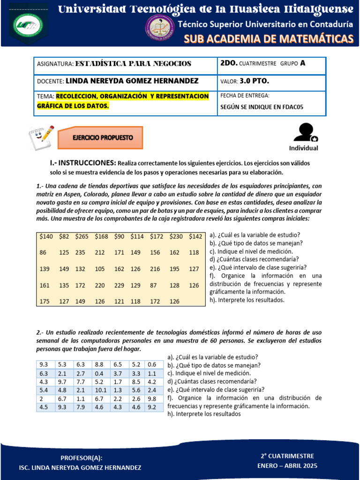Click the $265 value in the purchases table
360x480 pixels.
point(82,236)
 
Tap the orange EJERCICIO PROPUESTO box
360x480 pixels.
point(100,138)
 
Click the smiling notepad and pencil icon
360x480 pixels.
point(41,136)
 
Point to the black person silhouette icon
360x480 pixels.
point(306,132)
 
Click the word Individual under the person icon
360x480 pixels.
point(303,148)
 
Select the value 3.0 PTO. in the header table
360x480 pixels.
point(254,81)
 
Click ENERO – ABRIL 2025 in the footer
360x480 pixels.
point(287,465)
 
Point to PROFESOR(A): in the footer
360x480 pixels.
point(82,458)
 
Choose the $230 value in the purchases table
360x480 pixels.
point(177,236)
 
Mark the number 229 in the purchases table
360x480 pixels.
point(119,285)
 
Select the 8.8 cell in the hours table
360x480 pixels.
point(99,364)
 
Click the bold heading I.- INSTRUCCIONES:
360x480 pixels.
point(82,163)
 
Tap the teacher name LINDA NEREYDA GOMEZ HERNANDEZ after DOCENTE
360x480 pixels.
point(132,81)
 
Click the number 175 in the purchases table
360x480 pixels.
point(45,301)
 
